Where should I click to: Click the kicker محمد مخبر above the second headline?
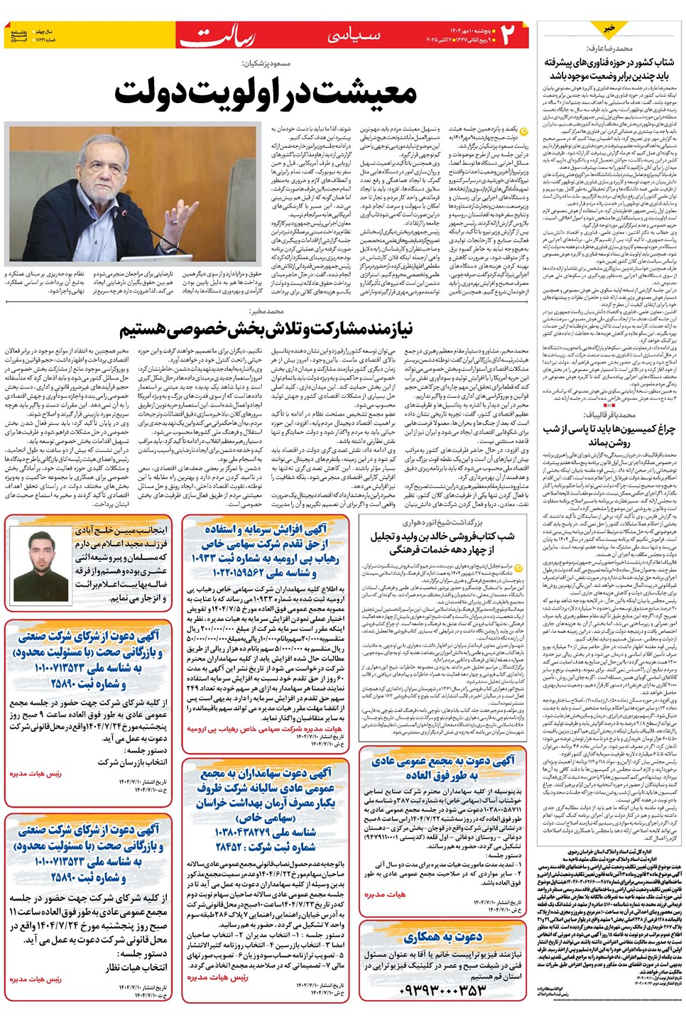click(x=267, y=311)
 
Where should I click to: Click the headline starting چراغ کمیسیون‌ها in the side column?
click(x=609, y=435)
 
